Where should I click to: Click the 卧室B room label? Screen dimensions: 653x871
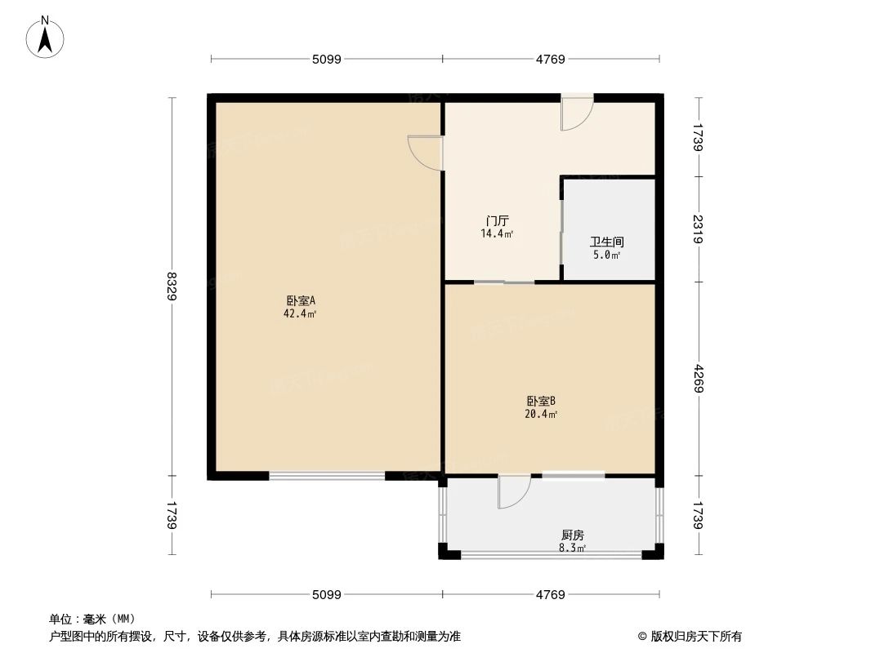[x=541, y=401]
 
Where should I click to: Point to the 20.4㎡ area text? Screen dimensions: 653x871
[x=541, y=414]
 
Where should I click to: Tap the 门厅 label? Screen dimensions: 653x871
[x=498, y=221]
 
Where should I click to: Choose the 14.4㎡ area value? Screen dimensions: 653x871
[x=498, y=233]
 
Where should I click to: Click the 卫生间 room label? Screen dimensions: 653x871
[x=607, y=242]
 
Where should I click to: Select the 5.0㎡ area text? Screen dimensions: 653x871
[x=607, y=255]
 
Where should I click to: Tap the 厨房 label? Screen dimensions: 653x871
[x=572, y=535]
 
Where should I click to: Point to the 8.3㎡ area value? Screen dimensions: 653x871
[x=572, y=548]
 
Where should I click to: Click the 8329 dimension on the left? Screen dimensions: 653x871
[x=172, y=287]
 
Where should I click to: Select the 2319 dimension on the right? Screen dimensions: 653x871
[x=698, y=229]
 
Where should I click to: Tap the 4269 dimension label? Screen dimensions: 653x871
[x=698, y=379]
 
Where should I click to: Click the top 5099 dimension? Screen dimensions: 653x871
[x=326, y=59]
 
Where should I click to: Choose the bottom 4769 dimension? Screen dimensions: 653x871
[x=551, y=594]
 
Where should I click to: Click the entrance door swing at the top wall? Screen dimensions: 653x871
[x=576, y=114]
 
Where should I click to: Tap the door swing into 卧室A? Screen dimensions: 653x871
[x=425, y=153]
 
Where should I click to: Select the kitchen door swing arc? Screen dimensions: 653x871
[x=514, y=492]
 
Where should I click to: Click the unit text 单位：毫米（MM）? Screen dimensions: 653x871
[x=92, y=619]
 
